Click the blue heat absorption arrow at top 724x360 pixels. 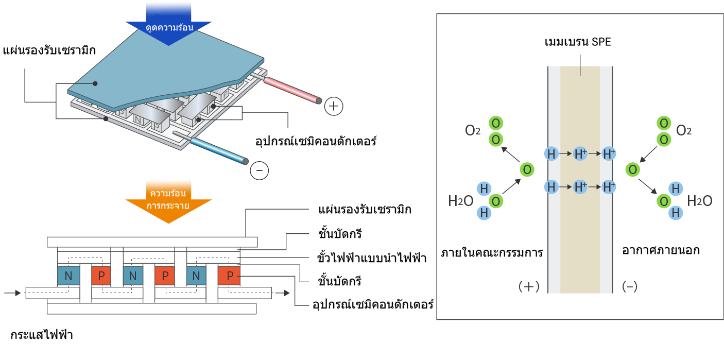168,21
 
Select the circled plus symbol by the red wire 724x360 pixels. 334,107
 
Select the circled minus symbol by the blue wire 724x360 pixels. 259,170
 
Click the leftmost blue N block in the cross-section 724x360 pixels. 68,276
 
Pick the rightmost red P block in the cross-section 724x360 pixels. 228,276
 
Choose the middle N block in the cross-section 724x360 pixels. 133,276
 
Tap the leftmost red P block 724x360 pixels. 101,276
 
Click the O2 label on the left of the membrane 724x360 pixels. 473,130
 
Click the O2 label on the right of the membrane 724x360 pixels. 683,130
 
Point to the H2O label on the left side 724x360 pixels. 461,201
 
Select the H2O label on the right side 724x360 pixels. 700,201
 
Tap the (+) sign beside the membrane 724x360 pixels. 529,287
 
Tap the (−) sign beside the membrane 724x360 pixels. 629,287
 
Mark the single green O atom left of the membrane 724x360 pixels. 526,169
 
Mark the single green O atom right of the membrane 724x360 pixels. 633,169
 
